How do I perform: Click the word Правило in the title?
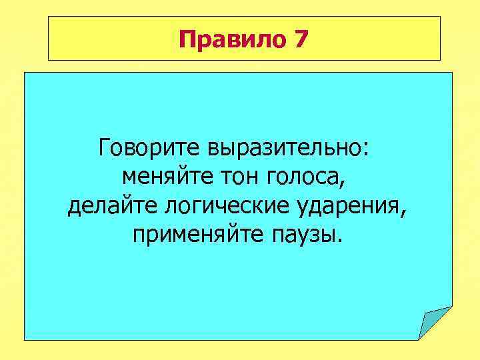pos(231,41)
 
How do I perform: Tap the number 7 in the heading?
pos(300,41)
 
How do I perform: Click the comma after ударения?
pos(402,214)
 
